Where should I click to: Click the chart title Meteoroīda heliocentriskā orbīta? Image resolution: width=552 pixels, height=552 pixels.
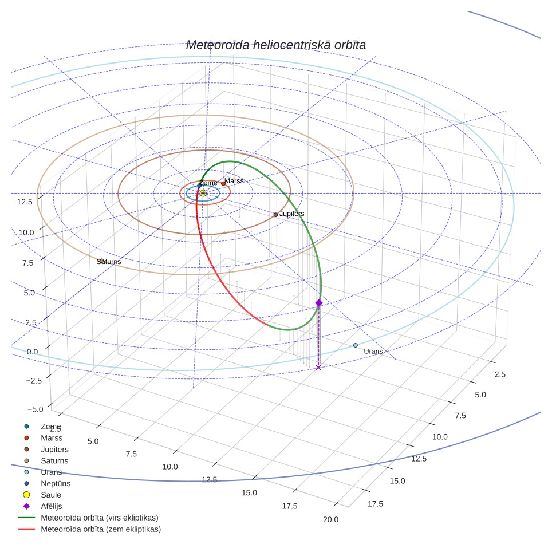tap(275, 45)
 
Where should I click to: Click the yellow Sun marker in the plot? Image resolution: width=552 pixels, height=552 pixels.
tap(203, 193)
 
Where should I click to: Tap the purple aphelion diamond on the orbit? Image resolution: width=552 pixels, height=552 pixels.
tap(319, 303)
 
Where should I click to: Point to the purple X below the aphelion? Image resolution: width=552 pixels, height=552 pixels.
tap(318, 368)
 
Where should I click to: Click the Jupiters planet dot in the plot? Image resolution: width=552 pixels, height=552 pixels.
tap(275, 215)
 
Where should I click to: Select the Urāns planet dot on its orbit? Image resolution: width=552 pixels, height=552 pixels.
tap(356, 345)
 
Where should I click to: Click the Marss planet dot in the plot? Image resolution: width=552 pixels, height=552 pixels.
tap(223, 183)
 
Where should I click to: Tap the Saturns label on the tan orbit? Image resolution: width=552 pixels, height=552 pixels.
tap(109, 262)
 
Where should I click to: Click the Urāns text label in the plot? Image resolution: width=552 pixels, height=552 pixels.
tap(373, 351)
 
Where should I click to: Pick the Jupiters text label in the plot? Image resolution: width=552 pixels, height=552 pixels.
tap(292, 214)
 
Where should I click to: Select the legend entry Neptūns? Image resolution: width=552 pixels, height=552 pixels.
tap(56, 483)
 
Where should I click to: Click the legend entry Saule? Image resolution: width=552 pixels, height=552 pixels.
tap(51, 495)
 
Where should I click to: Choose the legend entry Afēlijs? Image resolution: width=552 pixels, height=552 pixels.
tap(52, 506)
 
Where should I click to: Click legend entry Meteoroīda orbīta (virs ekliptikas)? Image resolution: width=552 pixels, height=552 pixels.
tap(100, 518)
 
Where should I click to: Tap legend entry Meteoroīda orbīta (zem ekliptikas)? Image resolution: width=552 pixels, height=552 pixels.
tap(101, 529)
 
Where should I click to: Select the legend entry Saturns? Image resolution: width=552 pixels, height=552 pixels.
tap(54, 460)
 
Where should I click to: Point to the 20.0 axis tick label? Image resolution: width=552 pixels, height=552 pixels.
tap(330, 519)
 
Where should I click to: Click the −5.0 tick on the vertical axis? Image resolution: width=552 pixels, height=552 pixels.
tap(35, 409)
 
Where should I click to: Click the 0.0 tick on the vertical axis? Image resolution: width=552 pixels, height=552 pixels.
tap(33, 352)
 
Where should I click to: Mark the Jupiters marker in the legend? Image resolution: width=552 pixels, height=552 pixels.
tap(26, 449)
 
